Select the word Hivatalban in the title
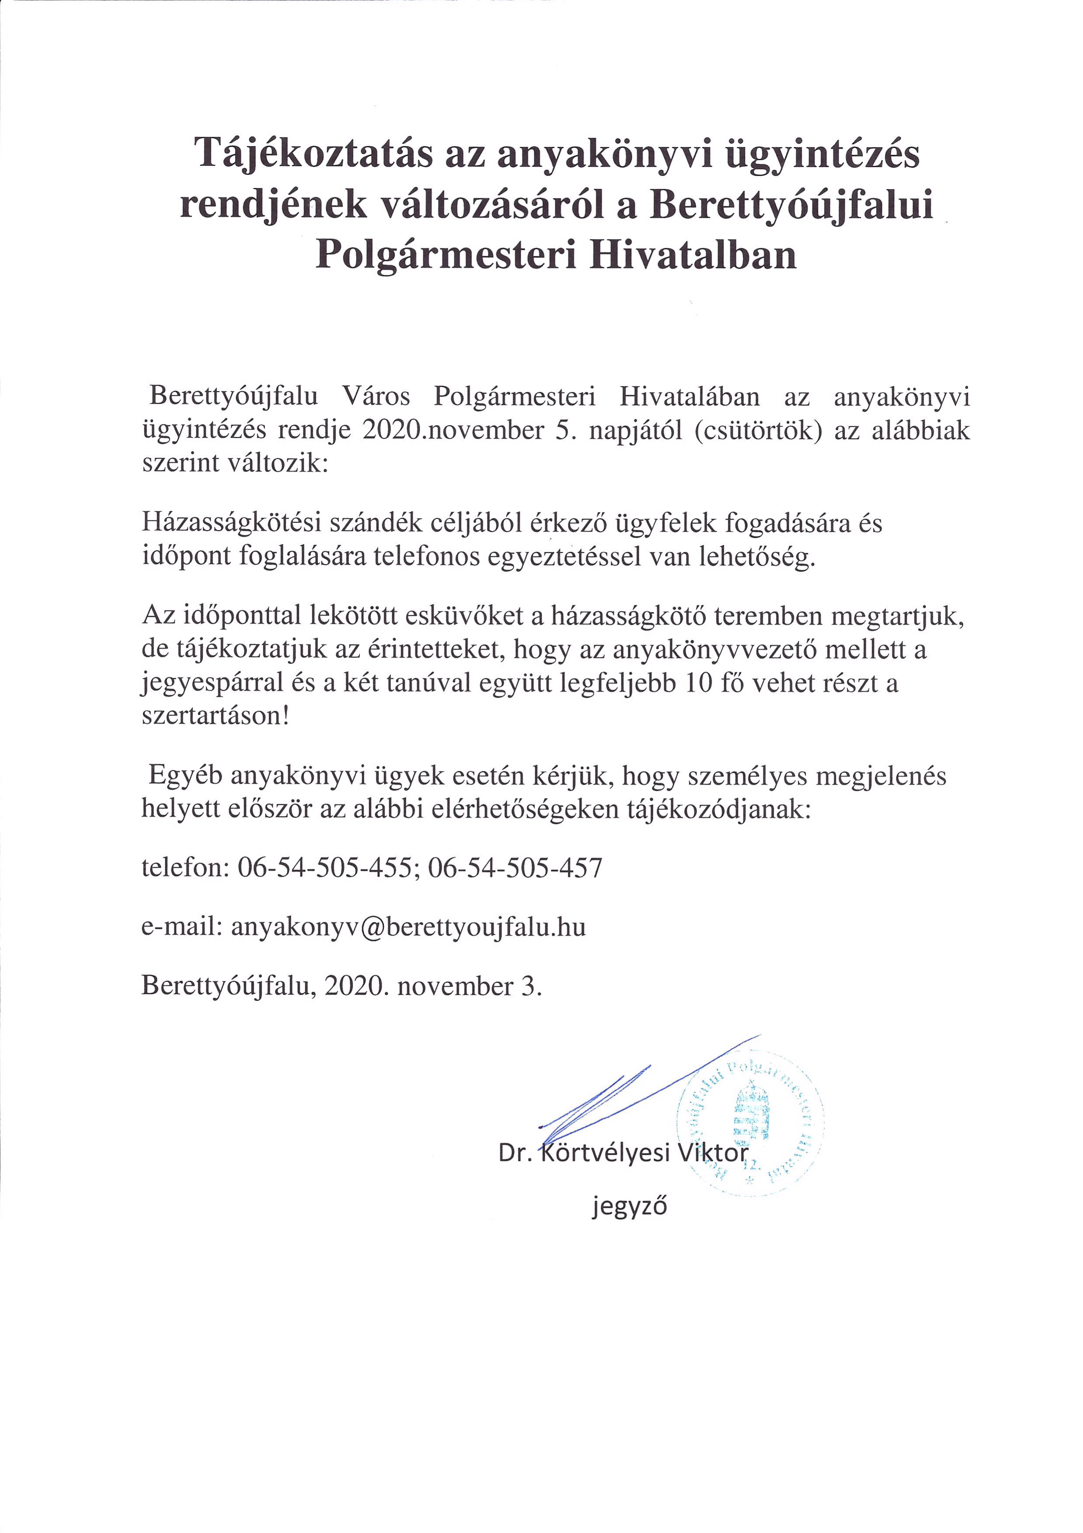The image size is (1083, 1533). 692,256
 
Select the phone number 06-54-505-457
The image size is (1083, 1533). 515,868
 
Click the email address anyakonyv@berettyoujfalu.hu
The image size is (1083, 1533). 408,927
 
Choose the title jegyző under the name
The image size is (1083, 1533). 629,1207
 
